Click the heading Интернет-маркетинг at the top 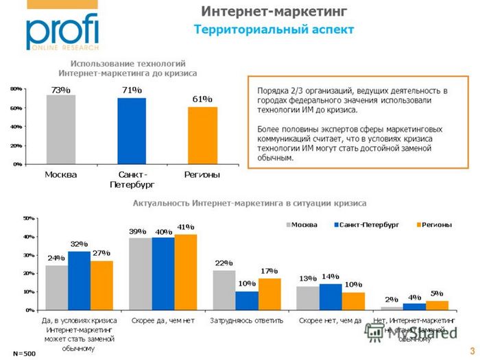[274, 11]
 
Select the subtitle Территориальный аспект [274, 29]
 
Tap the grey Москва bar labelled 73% [61, 130]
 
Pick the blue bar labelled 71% [132, 131]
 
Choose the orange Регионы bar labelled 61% [202, 136]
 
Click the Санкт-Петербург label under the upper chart [132, 180]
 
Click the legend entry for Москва [301, 224]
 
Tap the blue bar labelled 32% [79, 280]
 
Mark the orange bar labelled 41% [186, 272]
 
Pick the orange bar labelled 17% [269, 294]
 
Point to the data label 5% [437, 293]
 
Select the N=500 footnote [25, 353]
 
